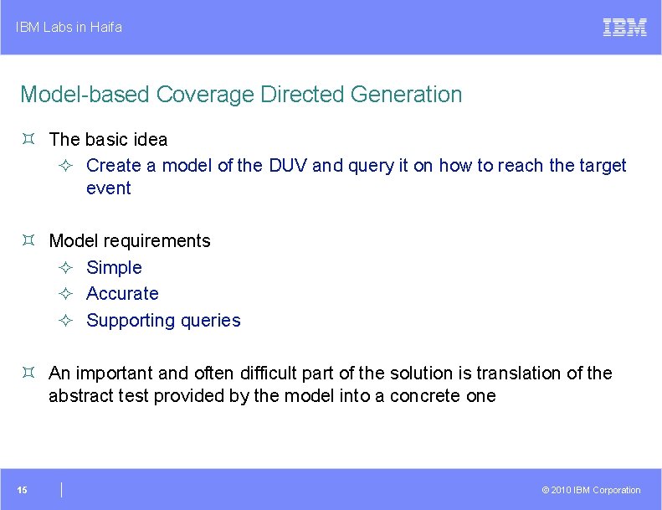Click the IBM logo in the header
[624, 27]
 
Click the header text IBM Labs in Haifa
[69, 27]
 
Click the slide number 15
[23, 490]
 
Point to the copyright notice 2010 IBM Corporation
[591, 490]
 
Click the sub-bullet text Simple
[114, 267]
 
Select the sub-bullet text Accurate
[122, 294]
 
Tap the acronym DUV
[288, 166]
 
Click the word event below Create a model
[108, 188]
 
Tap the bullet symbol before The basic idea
[28, 139]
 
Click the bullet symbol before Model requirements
[28, 241]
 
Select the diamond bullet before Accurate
[66, 294]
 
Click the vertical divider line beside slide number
[62, 490]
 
